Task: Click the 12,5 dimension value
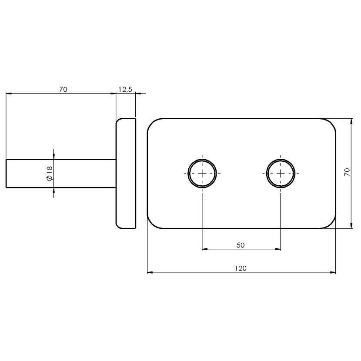pos(125,89)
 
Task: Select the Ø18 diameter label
pos(50,174)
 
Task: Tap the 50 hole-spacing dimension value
pos(241,245)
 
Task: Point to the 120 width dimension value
pos(241,268)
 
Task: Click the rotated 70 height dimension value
pos(347,172)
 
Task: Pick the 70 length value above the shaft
pos(63,89)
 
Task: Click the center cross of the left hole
pos(202,174)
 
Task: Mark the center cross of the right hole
pos(281,174)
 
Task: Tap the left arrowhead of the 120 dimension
pos(150,272)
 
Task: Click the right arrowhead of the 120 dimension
pos(333,272)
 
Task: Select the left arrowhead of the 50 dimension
pos(205,249)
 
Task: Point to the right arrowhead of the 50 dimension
pos(278,249)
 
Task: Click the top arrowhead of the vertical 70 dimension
pos(351,121)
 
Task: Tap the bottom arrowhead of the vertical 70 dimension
pos(351,226)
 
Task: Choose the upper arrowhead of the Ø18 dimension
pos(53,156)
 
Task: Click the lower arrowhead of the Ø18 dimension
pos(53,191)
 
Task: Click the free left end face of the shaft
pos(6,174)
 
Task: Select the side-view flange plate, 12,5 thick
pos(126,174)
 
